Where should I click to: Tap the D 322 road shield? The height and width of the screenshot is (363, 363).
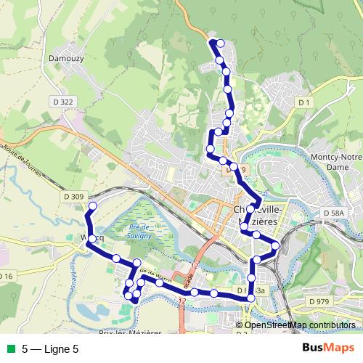65,102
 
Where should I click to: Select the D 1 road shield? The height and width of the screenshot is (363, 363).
304,104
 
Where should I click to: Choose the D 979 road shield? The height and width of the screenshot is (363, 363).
318,301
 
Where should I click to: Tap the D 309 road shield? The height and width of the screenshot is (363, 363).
74,196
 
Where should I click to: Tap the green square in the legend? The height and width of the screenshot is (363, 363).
9,348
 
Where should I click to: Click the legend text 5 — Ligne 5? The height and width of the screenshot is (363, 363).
50,348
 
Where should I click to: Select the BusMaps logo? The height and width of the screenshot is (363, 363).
327,348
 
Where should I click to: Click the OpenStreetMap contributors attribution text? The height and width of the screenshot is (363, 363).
300,325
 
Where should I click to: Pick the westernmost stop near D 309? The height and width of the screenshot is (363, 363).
92,207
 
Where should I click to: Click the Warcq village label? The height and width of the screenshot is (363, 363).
87,237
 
